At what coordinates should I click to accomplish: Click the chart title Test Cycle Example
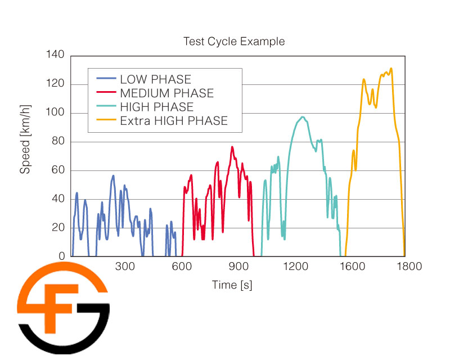click(234, 42)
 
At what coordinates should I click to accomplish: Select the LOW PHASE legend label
click(155, 79)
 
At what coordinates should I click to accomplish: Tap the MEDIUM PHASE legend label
click(166, 93)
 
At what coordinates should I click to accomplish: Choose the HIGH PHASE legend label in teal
click(156, 107)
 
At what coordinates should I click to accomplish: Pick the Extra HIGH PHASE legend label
click(173, 120)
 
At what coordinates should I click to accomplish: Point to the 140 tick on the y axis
click(57, 55)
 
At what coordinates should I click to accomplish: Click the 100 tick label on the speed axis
click(57, 113)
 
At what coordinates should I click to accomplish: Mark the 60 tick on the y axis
click(59, 170)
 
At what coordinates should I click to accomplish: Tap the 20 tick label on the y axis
click(59, 228)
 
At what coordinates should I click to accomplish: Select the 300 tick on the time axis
click(125, 267)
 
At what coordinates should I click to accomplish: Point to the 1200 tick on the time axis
click(293, 267)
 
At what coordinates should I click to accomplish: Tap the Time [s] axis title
click(232, 285)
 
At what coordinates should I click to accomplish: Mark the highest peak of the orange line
click(391, 69)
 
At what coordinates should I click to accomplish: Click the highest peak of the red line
click(232, 147)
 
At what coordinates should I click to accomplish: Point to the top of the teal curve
click(303, 117)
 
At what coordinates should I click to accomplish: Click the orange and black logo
click(63, 307)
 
